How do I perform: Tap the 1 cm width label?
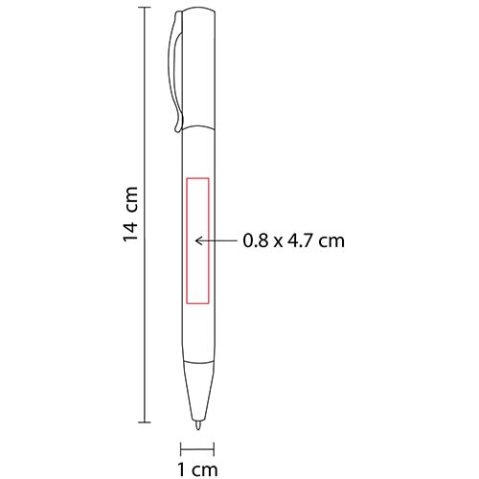click(x=198, y=468)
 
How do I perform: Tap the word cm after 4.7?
click(x=331, y=242)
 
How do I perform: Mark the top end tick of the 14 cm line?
click(x=144, y=8)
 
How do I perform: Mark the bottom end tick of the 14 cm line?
click(x=144, y=422)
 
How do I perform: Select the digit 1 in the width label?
click(x=181, y=468)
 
